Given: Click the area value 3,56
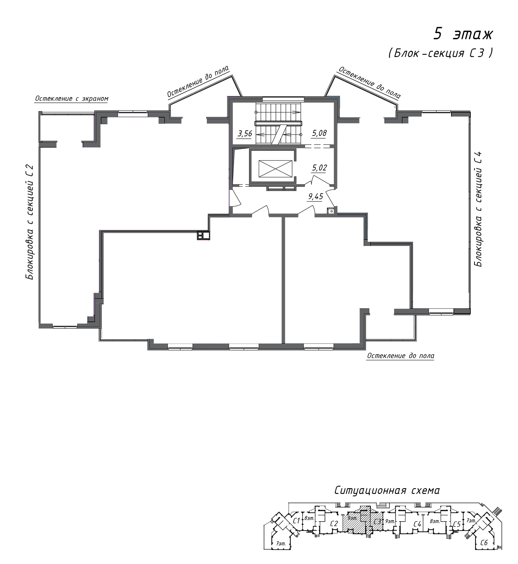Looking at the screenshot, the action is click(x=244, y=133).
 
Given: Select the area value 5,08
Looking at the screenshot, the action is click(x=319, y=133).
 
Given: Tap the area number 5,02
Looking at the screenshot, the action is click(x=319, y=168).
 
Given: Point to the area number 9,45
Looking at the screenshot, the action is click(x=315, y=197).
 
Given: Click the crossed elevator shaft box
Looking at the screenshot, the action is click(x=272, y=168).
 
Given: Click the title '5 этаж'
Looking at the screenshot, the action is click(x=463, y=34).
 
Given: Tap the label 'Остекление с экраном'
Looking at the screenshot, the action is click(x=71, y=99).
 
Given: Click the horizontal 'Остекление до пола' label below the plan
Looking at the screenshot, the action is click(x=401, y=356).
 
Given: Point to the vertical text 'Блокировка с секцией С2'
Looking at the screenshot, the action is click(x=30, y=222).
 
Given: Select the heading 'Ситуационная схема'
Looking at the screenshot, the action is click(x=387, y=490).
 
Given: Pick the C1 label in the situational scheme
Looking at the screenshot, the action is click(x=296, y=521).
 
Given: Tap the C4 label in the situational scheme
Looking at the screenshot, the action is click(x=417, y=524).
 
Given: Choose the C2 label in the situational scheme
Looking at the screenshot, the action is click(x=334, y=523).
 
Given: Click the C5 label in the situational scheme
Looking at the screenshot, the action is click(x=457, y=524).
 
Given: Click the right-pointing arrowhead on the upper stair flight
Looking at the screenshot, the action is click(x=295, y=112).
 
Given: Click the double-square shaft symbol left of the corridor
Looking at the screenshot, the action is click(x=203, y=235).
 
